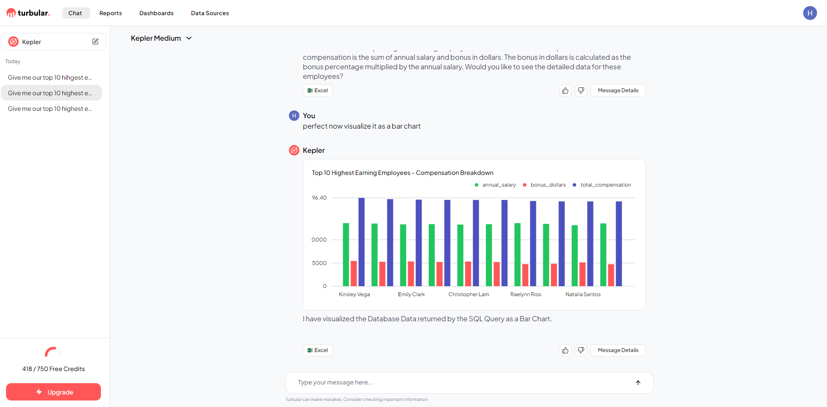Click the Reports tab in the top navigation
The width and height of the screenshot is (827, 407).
(110, 13)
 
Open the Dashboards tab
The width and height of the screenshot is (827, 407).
(156, 13)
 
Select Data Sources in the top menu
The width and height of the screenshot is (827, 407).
(210, 13)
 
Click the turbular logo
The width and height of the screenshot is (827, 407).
(28, 13)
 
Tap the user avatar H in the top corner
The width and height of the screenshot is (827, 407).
(810, 13)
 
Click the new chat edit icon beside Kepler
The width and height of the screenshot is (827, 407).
(95, 42)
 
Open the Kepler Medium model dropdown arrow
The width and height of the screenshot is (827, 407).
(189, 38)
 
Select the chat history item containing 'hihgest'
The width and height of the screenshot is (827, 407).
(50, 78)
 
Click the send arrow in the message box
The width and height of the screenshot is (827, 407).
(638, 382)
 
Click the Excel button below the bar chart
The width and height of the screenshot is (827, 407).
(318, 350)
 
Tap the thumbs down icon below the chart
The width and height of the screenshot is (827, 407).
(581, 350)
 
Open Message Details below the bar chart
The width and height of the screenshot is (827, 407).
(618, 350)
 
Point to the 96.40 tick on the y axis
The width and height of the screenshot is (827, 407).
(319, 198)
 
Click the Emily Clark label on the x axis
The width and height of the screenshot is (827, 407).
(411, 294)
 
